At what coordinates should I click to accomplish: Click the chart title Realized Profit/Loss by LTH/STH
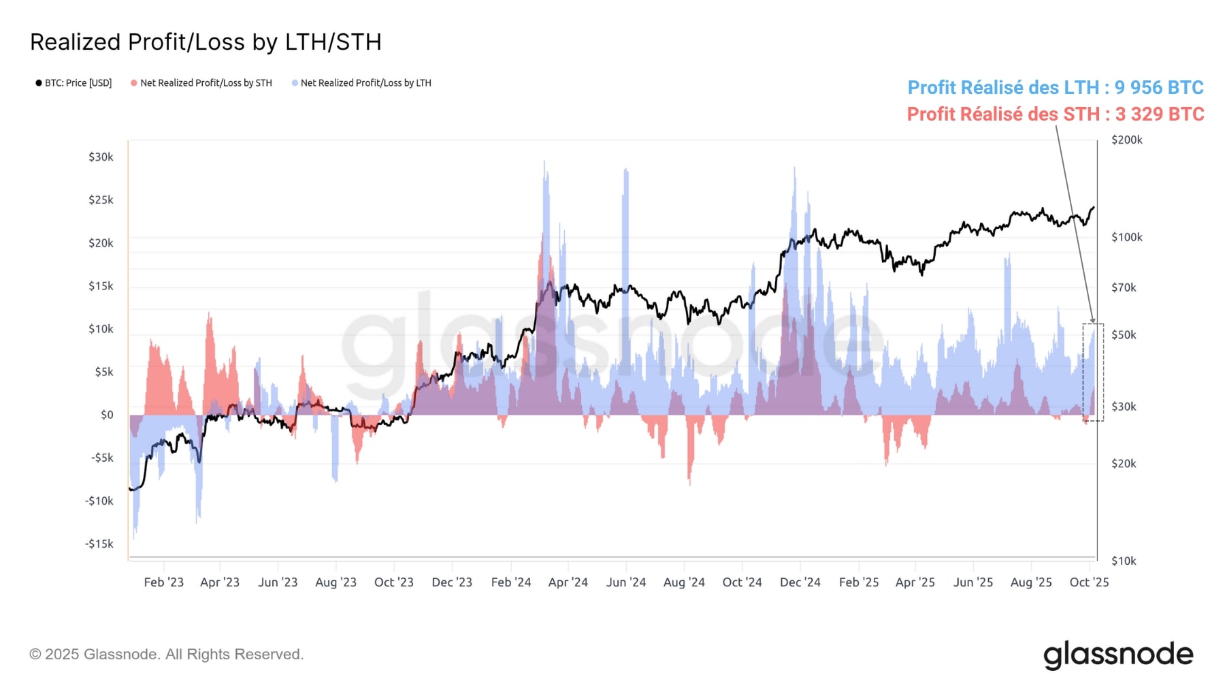tap(206, 42)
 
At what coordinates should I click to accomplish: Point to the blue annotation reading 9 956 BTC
tap(1056, 88)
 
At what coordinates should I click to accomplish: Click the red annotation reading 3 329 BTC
tap(1056, 114)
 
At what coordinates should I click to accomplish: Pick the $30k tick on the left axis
tap(101, 157)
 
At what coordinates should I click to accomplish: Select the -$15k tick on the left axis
tap(99, 544)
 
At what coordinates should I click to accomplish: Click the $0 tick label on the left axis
tap(107, 415)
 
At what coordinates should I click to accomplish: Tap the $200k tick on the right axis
tap(1126, 140)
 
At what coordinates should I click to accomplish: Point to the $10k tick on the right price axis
tap(1124, 561)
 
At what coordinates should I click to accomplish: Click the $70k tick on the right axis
tap(1124, 287)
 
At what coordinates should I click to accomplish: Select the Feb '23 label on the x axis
tap(163, 582)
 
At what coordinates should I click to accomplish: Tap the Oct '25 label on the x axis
tap(1089, 582)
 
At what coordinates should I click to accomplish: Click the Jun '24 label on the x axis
tap(625, 582)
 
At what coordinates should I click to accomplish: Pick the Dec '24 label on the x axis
tap(800, 582)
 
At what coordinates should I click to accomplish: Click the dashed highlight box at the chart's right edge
tap(1093, 372)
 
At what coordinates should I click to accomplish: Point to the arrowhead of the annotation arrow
tap(1093, 321)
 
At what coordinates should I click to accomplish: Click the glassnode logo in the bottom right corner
tap(1118, 655)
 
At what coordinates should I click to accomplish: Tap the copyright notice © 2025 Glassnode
tap(166, 655)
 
